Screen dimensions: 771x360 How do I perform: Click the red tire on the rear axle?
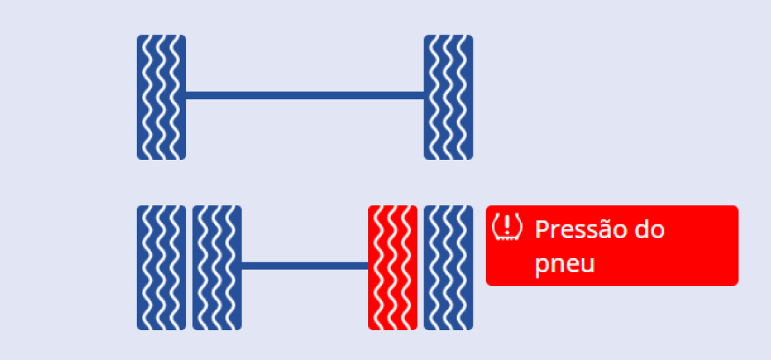[393, 267]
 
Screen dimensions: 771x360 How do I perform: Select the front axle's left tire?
[161, 98]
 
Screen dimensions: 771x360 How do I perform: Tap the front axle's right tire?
[448, 98]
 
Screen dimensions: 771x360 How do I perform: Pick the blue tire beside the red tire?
[448, 267]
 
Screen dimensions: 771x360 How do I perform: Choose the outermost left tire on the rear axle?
[161, 267]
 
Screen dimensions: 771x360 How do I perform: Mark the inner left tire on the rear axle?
[217, 267]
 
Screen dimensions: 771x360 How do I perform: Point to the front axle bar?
[305, 96]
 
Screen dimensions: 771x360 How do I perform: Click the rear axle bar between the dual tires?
[305, 266]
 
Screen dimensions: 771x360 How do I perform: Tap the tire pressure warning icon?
[507, 226]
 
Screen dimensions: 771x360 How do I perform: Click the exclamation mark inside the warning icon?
[507, 225]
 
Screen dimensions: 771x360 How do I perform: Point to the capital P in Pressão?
[542, 230]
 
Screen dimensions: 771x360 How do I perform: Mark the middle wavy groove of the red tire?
[392, 267]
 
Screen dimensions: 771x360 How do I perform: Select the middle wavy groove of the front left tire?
[161, 98]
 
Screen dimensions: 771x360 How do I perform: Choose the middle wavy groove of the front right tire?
[448, 98]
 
